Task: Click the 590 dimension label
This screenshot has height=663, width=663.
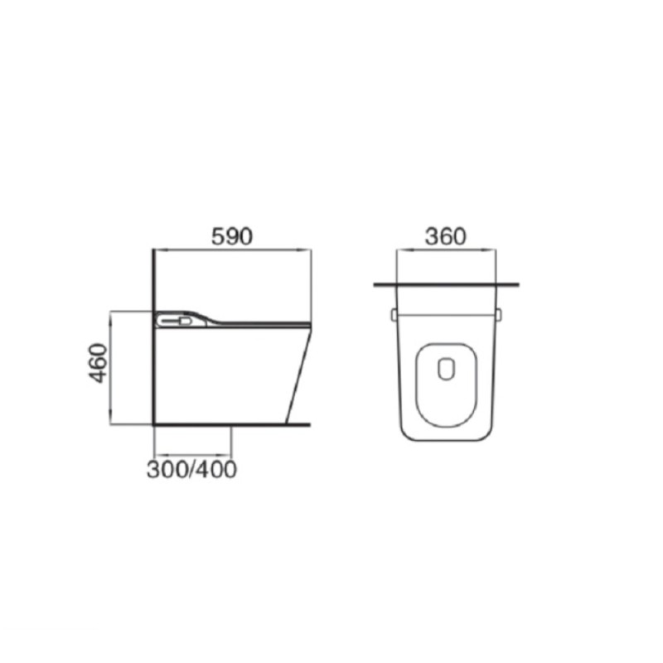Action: coord(232,236)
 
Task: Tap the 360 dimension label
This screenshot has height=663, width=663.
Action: coord(446,236)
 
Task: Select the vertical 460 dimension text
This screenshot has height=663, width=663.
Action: coord(99,363)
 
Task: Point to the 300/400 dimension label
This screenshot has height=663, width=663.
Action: coord(191,469)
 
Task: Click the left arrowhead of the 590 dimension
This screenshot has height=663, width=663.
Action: coord(159,250)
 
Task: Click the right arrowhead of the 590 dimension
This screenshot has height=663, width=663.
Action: coord(305,250)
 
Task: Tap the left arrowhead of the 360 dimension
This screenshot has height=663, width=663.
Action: coord(402,250)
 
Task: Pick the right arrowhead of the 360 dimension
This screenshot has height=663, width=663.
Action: coord(491,250)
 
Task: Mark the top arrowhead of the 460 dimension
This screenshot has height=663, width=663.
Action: coord(111,317)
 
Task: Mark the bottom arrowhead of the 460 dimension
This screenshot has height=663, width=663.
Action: coord(111,419)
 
